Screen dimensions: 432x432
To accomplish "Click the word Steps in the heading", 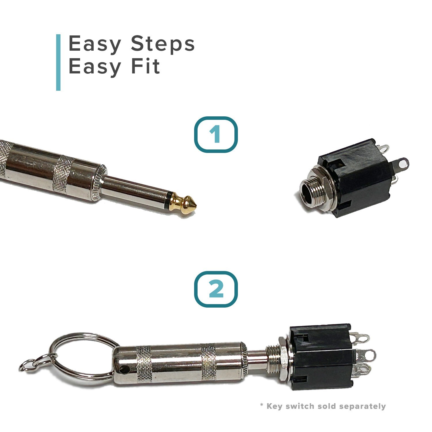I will click(x=163, y=44).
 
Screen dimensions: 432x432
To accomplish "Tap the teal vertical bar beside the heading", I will click(x=58, y=62).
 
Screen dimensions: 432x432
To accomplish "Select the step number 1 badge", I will click(x=216, y=134).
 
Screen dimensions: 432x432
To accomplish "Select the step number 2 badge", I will click(x=216, y=289).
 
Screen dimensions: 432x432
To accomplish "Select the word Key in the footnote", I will click(x=274, y=406).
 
